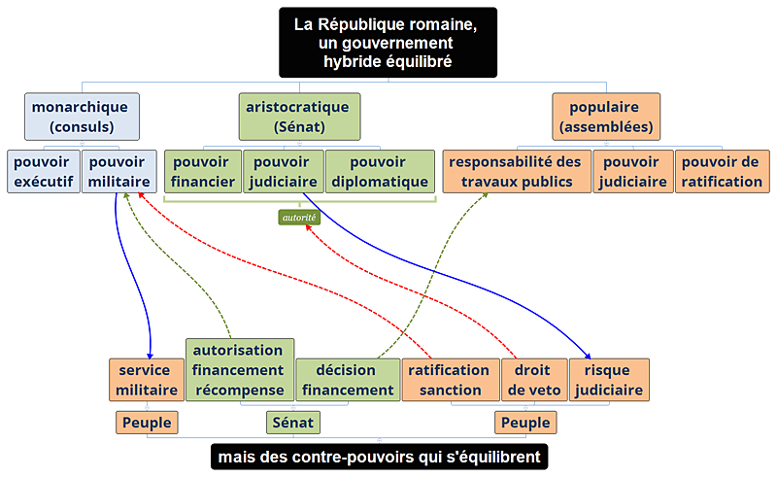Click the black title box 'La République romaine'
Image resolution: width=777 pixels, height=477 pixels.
point(388,42)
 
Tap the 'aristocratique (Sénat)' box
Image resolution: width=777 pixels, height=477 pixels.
point(299,117)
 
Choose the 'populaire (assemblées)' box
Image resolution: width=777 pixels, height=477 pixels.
point(605,117)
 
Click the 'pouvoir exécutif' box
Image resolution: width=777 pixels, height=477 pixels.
point(43,172)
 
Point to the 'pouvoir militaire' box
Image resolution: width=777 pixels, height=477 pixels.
point(118,172)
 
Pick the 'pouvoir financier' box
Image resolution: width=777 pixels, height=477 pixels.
point(202,172)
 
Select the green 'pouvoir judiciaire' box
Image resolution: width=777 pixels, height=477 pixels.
point(282,172)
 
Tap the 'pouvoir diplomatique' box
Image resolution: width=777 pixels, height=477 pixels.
point(379,172)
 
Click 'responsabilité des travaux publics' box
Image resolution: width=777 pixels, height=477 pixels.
point(516,172)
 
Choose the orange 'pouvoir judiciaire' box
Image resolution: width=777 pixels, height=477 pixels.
point(632,172)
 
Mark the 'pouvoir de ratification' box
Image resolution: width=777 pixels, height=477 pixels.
point(722,172)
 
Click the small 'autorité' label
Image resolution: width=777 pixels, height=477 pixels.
point(299,218)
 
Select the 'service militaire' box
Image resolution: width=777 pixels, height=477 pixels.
point(145,380)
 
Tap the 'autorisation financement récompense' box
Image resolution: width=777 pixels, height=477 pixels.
point(238,370)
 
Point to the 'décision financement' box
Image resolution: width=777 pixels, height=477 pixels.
point(348,380)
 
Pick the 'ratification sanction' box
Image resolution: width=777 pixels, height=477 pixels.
point(449,380)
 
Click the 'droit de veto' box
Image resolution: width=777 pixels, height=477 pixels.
point(531,380)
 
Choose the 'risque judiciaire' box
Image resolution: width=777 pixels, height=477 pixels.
point(608,380)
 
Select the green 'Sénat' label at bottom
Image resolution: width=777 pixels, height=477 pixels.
point(293,423)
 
